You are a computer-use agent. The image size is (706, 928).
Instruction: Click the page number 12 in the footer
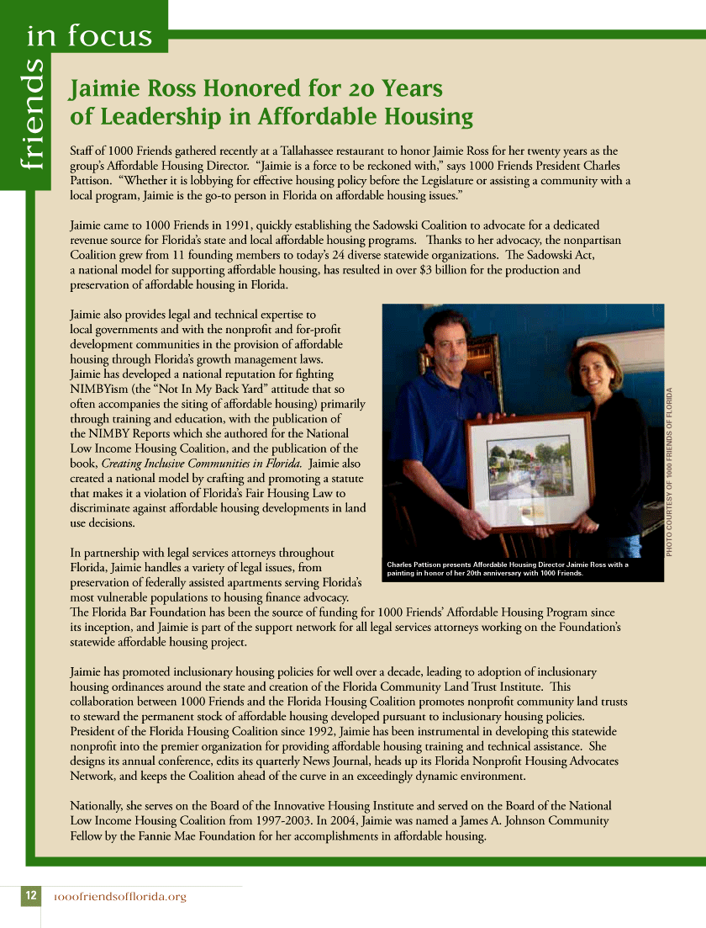coord(30,896)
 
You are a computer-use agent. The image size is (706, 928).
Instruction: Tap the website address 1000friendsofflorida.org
coord(119,897)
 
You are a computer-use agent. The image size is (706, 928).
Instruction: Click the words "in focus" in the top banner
coord(89,36)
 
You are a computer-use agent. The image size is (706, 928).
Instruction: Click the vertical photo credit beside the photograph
coord(671,470)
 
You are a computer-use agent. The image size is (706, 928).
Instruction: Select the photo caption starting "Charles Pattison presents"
coord(508,569)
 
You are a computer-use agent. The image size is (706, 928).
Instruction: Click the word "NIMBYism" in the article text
coord(97,389)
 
